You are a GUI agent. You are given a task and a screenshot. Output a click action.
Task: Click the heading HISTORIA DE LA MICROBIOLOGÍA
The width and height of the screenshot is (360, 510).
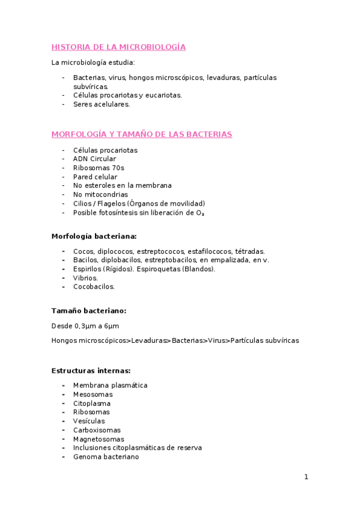coord(118,47)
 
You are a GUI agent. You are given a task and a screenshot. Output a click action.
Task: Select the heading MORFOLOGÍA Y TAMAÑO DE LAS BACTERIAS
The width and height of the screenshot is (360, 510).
coord(142,134)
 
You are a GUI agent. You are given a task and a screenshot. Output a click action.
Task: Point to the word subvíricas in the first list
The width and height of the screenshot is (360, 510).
coord(90,86)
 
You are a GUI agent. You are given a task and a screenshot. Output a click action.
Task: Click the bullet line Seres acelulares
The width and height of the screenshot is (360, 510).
coord(101,104)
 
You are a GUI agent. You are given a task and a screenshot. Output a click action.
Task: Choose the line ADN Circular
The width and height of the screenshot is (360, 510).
coord(94,159)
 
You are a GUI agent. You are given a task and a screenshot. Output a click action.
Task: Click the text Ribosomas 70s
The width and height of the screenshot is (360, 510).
coord(99,168)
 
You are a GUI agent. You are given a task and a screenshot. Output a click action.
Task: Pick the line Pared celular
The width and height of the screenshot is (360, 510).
coord(95,177)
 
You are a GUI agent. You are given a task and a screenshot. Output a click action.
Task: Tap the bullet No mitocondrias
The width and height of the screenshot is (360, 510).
coord(100,194)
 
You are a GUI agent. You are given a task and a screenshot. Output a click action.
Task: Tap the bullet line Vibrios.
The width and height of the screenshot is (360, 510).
coord(85,278)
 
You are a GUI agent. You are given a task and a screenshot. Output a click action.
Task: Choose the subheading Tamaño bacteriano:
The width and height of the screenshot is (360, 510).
coord(88,311)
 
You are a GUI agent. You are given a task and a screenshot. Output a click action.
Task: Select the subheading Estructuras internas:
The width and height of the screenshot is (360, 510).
coord(91,370)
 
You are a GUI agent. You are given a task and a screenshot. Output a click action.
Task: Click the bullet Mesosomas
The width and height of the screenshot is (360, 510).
coord(93,395)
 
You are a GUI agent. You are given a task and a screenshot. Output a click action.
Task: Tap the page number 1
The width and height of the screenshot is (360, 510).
coord(306,477)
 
